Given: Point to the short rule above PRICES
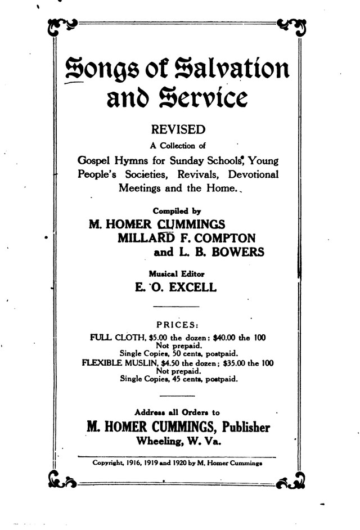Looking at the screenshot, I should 176,306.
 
